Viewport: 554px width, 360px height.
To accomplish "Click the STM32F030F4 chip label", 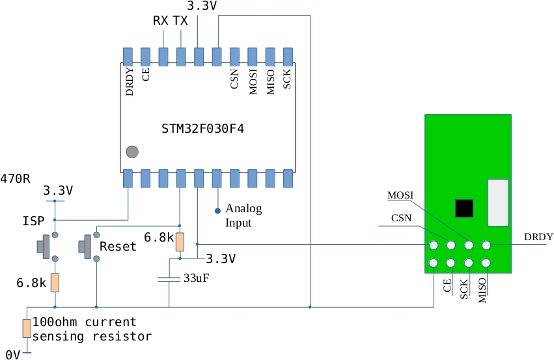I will click(x=202, y=129).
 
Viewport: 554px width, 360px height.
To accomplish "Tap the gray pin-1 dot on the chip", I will click(x=132, y=152).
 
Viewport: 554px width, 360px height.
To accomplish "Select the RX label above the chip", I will click(x=161, y=21).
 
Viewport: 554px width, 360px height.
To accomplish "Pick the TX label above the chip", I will click(x=180, y=21).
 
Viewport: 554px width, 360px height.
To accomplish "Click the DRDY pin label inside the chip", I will click(x=129, y=83).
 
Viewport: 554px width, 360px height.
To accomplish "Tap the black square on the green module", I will click(x=464, y=208).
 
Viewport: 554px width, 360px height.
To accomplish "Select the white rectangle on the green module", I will click(x=498, y=202).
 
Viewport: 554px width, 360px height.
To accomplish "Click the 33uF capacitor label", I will click(x=196, y=278).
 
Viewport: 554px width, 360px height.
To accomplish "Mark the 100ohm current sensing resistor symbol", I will click(x=27, y=328).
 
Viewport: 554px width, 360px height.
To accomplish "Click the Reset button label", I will click(x=118, y=247).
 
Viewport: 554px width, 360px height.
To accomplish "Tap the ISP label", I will click(x=33, y=221).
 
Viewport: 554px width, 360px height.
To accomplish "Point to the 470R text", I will click(x=15, y=178).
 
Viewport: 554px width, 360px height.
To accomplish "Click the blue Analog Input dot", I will click(x=217, y=211).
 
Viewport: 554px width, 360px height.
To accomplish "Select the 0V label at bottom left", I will click(x=12, y=354).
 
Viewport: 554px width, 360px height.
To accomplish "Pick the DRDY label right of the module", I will click(x=538, y=237).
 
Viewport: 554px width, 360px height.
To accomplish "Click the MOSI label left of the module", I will click(x=400, y=195).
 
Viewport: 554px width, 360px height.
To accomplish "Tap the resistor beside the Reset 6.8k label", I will click(x=180, y=242).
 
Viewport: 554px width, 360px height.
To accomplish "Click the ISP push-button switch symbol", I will click(x=46, y=247).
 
